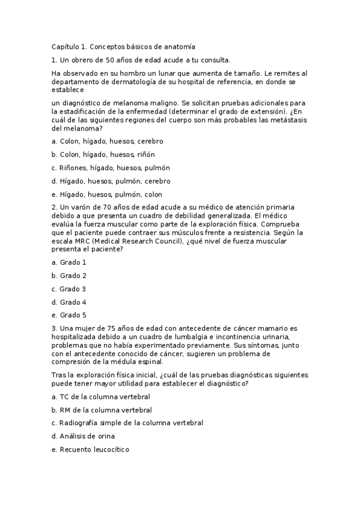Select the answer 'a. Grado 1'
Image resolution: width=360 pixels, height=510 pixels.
click(x=69, y=262)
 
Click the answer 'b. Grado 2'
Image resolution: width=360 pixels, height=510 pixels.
click(x=69, y=275)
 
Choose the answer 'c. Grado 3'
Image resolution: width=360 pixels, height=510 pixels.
click(x=69, y=289)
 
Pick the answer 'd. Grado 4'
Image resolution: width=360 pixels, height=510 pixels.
click(x=69, y=302)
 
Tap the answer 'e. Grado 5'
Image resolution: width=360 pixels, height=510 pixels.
click(x=69, y=315)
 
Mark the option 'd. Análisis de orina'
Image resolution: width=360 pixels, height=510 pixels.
click(x=83, y=436)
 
